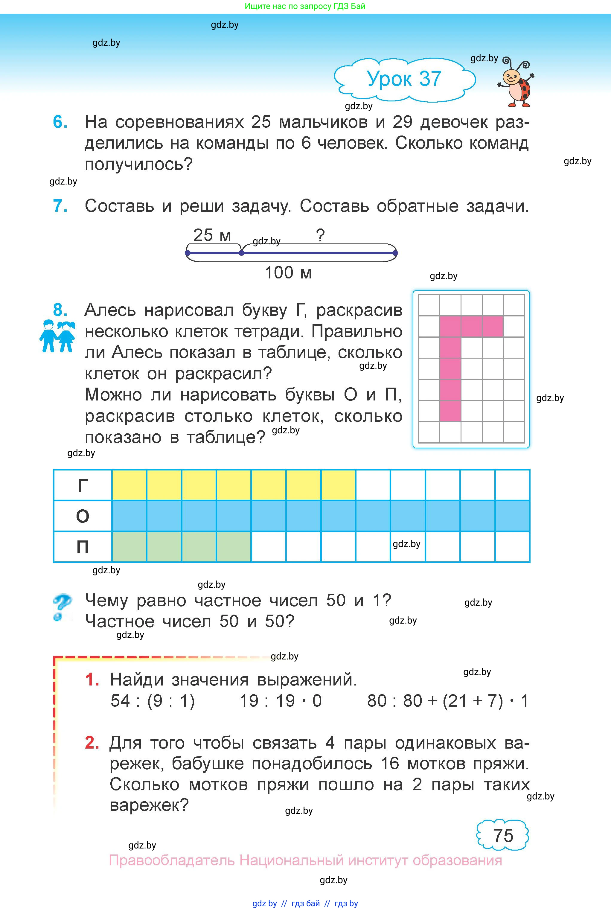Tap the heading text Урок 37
[x=404, y=79]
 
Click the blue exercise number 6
[x=60, y=122]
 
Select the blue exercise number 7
[x=60, y=206]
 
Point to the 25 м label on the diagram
[x=212, y=235]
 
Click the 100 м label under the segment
[x=288, y=273]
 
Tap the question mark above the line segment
[x=320, y=235]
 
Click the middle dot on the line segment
[x=242, y=253]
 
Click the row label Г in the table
[x=83, y=485]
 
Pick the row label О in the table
[x=83, y=516]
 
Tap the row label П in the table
[x=83, y=547]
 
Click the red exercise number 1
[x=92, y=680]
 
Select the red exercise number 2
[x=92, y=743]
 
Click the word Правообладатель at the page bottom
[x=171, y=860]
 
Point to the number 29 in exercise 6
[x=402, y=122]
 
